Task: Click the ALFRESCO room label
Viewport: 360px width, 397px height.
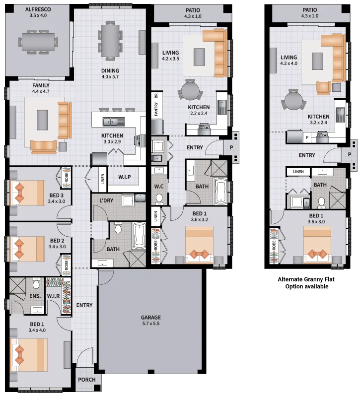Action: tap(38, 9)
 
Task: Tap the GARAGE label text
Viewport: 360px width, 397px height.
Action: tap(151, 317)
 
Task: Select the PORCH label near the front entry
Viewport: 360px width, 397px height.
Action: tap(86, 380)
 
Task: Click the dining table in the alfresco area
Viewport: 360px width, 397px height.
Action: tap(38, 42)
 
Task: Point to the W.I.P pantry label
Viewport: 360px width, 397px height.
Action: tap(125, 177)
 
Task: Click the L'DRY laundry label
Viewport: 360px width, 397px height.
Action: tap(106, 200)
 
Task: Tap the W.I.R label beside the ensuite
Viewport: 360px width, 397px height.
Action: tap(53, 296)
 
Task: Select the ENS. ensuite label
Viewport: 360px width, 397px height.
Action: tap(35, 296)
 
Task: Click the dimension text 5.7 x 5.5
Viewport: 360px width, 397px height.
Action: tap(151, 324)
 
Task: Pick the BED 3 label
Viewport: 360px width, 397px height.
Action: tap(56, 196)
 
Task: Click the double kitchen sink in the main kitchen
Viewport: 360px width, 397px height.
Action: tap(114, 122)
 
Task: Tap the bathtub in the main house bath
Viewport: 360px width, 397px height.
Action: tap(139, 236)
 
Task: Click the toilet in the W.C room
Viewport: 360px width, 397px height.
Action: tap(159, 199)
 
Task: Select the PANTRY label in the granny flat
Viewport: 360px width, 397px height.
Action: tap(156, 109)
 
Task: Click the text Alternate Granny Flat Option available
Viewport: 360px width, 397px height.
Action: tap(306, 283)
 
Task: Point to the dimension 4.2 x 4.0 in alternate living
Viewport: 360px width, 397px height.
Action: tap(288, 64)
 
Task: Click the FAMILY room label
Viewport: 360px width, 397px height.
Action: tap(41, 85)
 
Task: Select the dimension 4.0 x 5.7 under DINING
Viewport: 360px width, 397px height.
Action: tap(110, 77)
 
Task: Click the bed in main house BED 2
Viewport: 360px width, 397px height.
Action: tap(27, 249)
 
